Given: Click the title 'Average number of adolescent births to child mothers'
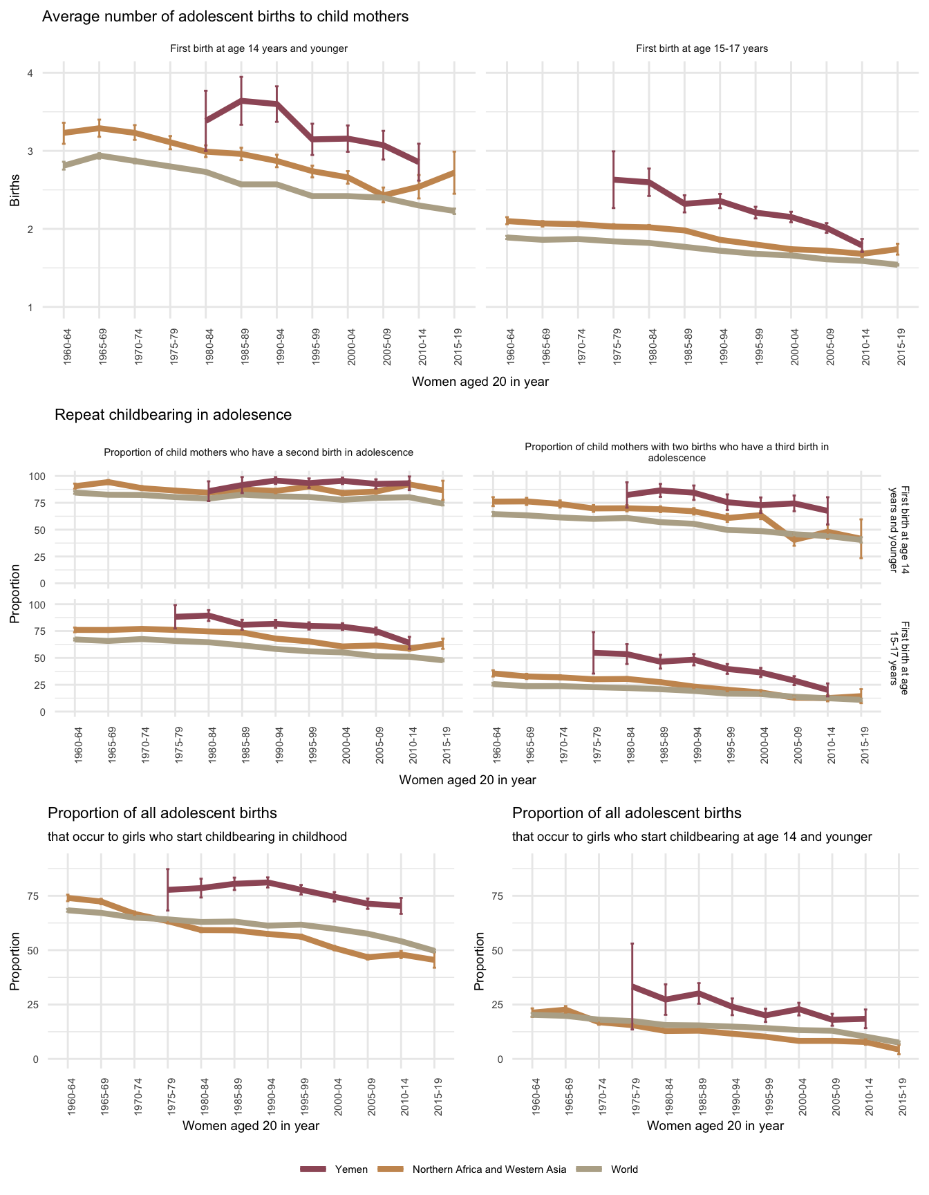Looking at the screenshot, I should [x=225, y=17].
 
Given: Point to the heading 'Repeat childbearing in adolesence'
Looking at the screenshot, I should [x=173, y=415].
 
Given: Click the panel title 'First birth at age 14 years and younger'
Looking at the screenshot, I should [x=259, y=48].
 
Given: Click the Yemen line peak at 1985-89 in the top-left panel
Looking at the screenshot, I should [x=241, y=101].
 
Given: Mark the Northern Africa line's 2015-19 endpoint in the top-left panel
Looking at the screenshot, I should [x=454, y=172].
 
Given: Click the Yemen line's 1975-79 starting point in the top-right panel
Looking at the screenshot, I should [x=613, y=180].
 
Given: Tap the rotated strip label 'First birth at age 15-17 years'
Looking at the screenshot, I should [x=899, y=653].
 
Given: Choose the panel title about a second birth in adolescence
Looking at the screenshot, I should [x=259, y=452].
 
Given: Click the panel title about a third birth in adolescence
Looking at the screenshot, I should [x=677, y=452].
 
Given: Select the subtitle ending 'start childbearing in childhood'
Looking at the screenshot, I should [x=197, y=837].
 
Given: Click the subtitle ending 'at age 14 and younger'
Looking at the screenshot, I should [x=692, y=837].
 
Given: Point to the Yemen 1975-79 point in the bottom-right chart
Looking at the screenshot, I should [x=632, y=986].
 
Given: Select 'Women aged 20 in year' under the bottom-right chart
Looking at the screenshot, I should [x=715, y=1126].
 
